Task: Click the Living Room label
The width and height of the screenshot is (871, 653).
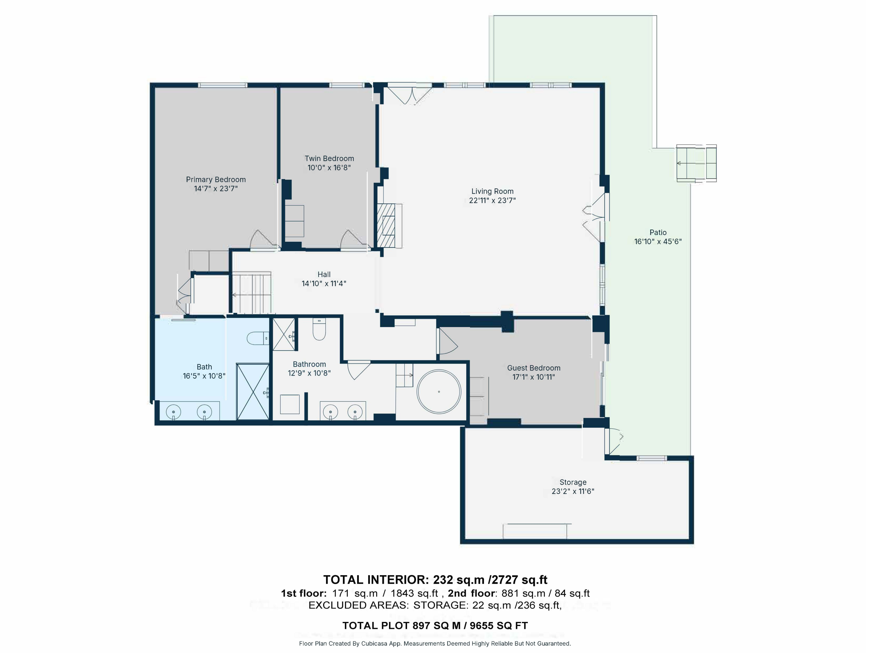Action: pos(492,191)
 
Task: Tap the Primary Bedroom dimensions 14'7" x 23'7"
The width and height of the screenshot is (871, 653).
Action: pos(216,189)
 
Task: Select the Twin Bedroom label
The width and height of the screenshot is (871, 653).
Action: pos(329,159)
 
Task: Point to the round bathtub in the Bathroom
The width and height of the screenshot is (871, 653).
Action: pos(439,392)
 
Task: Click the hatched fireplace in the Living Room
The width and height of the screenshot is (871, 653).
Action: pos(386,226)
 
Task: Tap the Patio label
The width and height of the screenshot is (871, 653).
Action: pos(658,233)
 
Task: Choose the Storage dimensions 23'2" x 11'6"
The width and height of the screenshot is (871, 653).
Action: pos(573,491)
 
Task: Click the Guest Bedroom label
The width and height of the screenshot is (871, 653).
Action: pos(534,368)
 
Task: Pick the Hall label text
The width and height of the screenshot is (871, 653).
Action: pos(324,274)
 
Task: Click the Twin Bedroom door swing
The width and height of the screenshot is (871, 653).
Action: pos(354,239)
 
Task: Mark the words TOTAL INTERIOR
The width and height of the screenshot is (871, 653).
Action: pos(376,580)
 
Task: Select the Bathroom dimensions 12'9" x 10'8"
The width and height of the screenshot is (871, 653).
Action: pos(309,373)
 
